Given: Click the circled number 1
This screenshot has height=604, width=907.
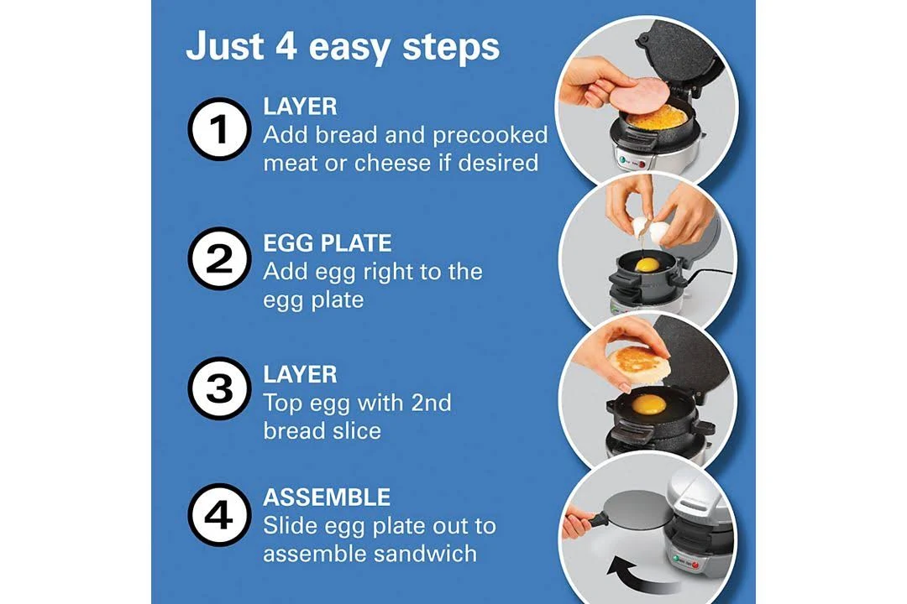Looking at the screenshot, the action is click(x=219, y=129).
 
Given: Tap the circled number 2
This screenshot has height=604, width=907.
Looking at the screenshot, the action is click(x=219, y=258).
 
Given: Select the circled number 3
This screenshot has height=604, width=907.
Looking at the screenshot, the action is click(x=219, y=388).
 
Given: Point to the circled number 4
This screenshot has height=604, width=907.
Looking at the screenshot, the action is click(x=219, y=515).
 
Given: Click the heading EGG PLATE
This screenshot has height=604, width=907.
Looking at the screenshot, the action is click(x=328, y=243).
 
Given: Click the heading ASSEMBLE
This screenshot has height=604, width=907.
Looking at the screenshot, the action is click(x=327, y=497).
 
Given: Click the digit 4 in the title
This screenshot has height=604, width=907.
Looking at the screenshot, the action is click(x=286, y=46).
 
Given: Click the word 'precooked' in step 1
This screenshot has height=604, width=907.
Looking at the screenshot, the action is click(x=490, y=135).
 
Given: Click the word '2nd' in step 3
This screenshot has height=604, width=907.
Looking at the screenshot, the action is click(x=431, y=403).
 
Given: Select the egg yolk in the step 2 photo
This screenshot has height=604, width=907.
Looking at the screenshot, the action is click(x=647, y=265).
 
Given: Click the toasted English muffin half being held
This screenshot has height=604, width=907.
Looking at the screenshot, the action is click(x=637, y=362).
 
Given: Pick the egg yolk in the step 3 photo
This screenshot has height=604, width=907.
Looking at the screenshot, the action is click(x=648, y=404).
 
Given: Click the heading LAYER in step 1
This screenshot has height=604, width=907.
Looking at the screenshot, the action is click(x=300, y=107).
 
